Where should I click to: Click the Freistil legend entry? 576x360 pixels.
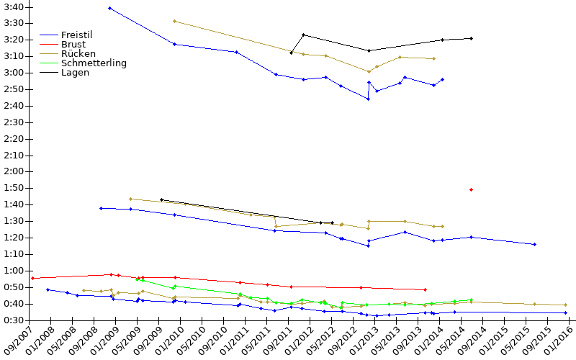click(77, 35)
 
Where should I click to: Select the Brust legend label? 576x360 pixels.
click(73, 45)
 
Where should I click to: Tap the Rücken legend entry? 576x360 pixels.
click(78, 53)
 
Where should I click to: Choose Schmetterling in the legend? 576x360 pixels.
click(94, 63)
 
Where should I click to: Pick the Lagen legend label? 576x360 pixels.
click(76, 73)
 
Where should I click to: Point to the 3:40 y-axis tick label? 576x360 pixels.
click(14, 7)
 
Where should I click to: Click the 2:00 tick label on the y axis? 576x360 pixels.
click(14, 171)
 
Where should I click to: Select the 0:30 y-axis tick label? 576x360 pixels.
click(14, 320)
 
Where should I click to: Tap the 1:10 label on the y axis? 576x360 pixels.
click(14, 254)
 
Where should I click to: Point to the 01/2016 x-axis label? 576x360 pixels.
click(559, 341)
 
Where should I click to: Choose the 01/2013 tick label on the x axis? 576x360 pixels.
click(364, 341)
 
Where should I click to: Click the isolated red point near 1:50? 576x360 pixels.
click(472, 190)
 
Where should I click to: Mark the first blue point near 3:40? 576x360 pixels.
click(110, 8)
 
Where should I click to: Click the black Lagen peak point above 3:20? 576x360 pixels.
click(303, 35)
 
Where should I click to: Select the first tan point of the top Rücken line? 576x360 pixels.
click(174, 22)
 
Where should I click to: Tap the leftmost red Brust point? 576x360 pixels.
click(32, 279)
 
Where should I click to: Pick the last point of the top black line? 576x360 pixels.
click(472, 38)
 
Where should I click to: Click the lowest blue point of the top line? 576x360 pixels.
click(369, 99)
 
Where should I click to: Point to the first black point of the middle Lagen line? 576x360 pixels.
click(161, 200)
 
